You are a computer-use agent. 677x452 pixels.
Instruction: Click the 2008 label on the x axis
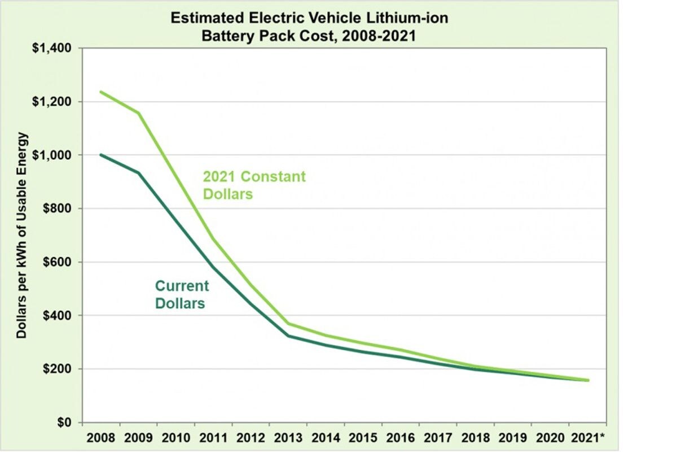tap(101, 437)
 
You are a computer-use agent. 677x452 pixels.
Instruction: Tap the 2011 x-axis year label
tap(213, 437)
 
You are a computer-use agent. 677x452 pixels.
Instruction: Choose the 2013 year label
tap(288, 437)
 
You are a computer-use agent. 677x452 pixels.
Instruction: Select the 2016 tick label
tap(401, 437)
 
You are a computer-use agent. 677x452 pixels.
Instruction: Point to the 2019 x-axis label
tap(512, 437)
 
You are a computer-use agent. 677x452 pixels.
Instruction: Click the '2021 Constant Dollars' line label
tap(254, 185)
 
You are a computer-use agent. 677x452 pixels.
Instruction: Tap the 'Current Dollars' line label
tap(182, 294)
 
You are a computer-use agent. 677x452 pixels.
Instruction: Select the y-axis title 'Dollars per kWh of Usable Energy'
tap(22, 235)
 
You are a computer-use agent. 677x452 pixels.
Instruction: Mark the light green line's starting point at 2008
tap(101, 92)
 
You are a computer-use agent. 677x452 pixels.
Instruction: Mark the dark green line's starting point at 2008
tap(101, 155)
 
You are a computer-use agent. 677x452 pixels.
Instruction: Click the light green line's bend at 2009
tap(138, 113)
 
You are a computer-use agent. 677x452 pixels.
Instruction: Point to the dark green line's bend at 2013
tap(288, 336)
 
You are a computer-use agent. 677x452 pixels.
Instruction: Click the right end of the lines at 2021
tap(588, 380)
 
